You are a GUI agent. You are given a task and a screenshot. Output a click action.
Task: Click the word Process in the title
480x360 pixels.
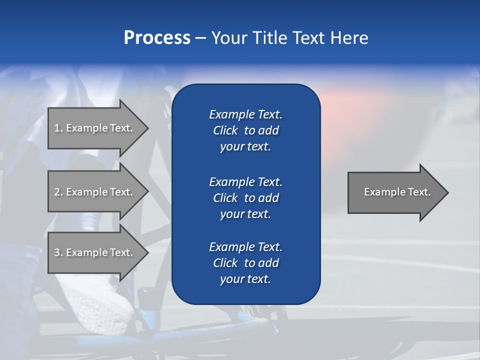click(157, 38)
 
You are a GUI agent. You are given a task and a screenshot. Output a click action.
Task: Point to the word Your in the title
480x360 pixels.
click(229, 38)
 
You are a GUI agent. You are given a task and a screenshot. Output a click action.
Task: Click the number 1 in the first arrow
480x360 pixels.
click(57, 128)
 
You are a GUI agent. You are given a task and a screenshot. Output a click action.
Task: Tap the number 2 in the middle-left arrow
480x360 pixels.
click(57, 192)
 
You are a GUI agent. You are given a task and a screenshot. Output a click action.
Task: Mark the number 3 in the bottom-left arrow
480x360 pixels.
click(57, 252)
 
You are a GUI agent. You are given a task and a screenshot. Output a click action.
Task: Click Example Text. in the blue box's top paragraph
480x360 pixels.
click(245, 114)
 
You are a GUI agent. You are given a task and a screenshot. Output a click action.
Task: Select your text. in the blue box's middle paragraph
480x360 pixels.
click(245, 214)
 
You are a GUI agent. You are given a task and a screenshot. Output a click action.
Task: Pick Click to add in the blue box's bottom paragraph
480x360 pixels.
click(245, 263)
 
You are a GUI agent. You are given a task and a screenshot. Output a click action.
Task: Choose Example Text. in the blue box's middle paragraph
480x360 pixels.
click(245, 181)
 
